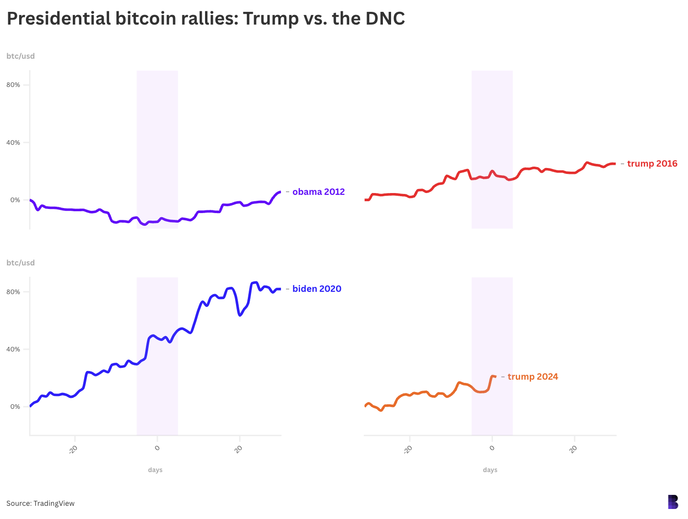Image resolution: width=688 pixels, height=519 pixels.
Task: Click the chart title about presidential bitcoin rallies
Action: [206, 19]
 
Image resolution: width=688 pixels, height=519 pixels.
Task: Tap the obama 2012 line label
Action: [318, 192]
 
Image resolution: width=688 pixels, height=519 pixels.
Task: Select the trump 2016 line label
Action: [652, 163]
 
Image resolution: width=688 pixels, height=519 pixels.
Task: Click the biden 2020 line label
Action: [316, 289]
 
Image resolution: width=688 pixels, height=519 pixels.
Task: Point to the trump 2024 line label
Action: [532, 377]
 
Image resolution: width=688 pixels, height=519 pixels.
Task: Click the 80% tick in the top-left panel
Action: [13, 85]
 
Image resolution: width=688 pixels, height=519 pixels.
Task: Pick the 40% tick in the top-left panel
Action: [13, 142]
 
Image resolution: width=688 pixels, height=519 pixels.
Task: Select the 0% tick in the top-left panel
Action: [15, 200]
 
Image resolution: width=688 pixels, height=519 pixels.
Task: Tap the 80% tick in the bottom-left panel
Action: [13, 292]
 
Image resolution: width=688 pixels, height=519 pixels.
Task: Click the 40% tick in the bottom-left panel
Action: [13, 349]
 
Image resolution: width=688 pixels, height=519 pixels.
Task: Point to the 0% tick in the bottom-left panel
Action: [15, 407]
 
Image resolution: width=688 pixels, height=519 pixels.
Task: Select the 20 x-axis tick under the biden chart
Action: [239, 449]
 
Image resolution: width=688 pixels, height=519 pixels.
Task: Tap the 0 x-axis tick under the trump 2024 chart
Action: [492, 448]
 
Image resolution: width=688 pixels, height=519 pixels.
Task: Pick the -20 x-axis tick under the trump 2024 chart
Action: [408, 449]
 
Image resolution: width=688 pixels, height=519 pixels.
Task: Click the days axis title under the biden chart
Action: [155, 470]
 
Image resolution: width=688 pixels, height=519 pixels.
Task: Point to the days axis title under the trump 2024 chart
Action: [490, 470]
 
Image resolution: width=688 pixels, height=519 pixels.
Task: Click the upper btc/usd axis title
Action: [20, 56]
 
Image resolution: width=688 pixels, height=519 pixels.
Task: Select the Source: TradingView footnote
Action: [40, 503]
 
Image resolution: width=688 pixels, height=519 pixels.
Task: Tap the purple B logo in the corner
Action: [673, 502]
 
